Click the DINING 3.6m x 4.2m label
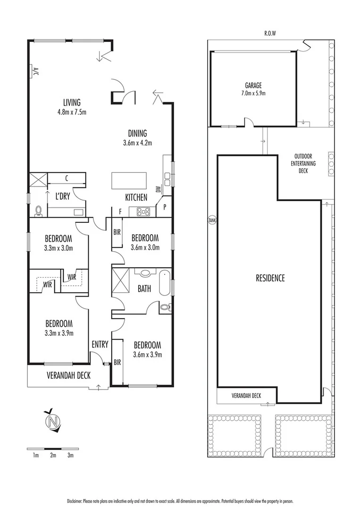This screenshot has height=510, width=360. click(x=137, y=137)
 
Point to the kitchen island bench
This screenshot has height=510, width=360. click(x=129, y=180)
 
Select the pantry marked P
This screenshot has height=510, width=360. click(x=165, y=206)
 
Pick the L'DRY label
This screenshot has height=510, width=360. click(x=63, y=196)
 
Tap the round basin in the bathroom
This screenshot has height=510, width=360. click(x=145, y=272)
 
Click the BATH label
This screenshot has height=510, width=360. click(x=144, y=288)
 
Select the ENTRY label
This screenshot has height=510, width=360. click(x=100, y=344)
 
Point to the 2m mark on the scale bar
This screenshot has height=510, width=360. click(x=53, y=455)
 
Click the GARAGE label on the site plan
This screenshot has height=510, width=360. click(x=253, y=85)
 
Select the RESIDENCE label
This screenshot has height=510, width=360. click(x=270, y=278)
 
